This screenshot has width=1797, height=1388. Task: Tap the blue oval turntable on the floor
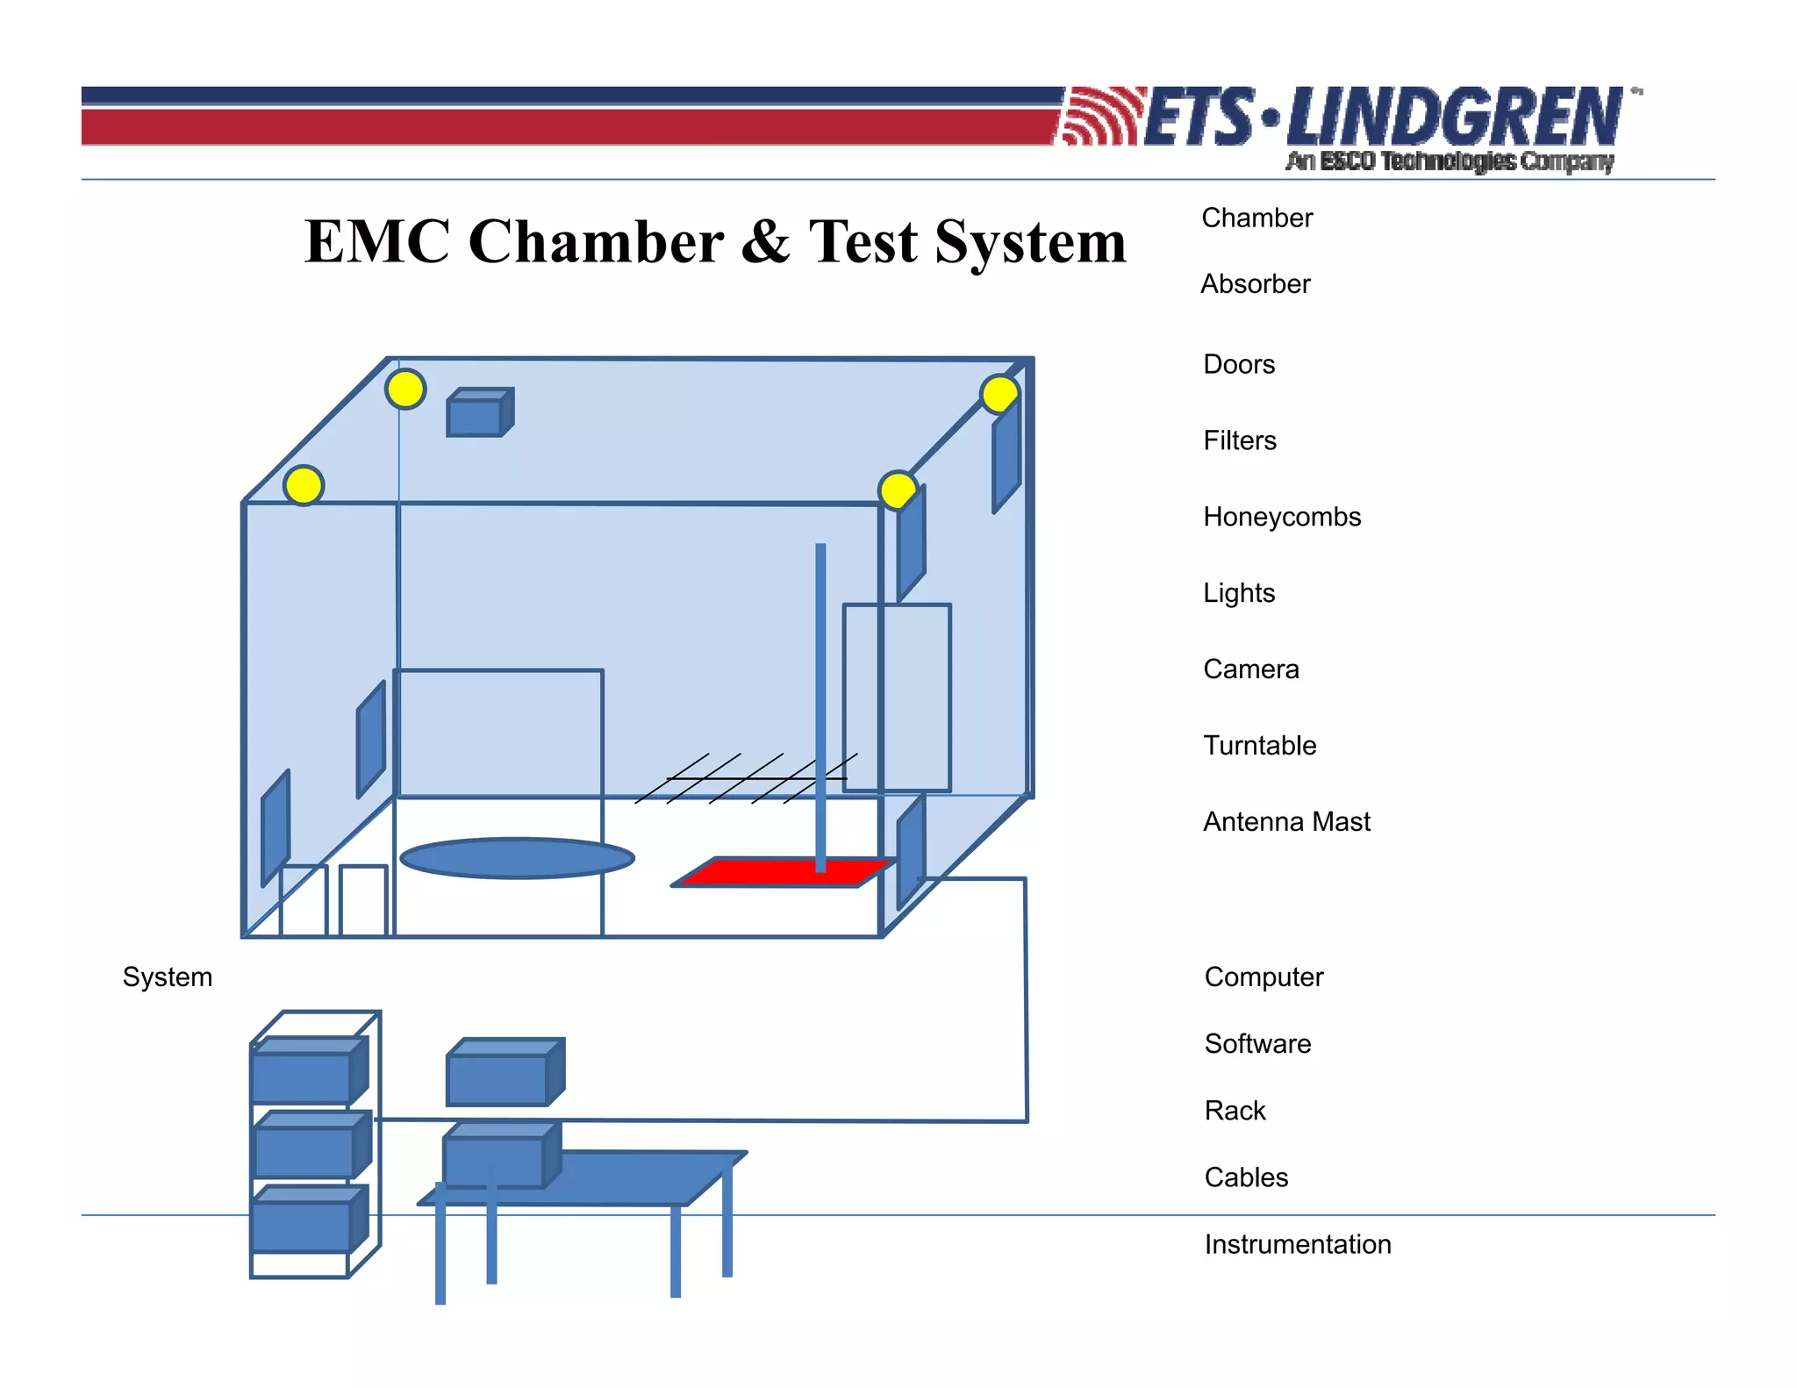517,858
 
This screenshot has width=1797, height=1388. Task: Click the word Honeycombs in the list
1281,517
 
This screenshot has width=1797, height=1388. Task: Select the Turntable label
1259,746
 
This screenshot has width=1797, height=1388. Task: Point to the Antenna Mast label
1285,822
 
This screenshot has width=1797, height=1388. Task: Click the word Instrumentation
1297,1244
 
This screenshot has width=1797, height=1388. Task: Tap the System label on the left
168,977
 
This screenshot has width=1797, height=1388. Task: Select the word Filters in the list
1239,440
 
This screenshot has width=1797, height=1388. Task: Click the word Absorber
1255,284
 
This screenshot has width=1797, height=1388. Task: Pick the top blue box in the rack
303,1076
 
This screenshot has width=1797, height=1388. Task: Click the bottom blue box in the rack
303,1223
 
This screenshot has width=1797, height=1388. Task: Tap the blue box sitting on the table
495,1160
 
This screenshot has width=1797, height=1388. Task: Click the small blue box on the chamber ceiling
476,415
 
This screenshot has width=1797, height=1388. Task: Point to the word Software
1257,1044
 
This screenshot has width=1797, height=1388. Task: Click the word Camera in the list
1250,669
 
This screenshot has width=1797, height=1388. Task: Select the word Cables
1246,1177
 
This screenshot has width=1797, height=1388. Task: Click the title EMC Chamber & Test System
715,241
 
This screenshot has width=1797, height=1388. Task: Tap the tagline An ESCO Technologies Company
1450,161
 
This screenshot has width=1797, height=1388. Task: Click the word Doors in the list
1238,364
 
